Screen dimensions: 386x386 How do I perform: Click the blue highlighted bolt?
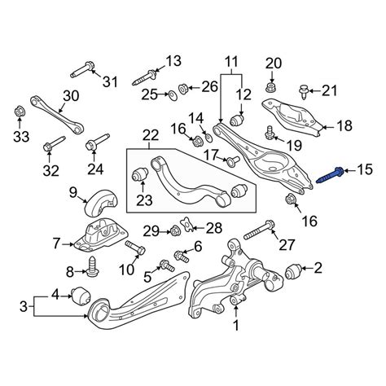[331, 176]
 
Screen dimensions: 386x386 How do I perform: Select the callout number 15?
[365, 170]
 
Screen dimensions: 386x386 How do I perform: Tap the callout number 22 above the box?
[151, 135]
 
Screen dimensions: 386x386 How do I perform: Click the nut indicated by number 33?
[20, 112]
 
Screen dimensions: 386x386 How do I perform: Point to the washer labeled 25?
[172, 95]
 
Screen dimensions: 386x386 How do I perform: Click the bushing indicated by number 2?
[292, 271]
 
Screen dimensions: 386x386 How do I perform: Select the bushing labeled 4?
[81, 296]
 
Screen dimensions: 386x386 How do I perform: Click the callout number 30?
[71, 96]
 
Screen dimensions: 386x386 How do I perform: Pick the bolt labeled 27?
[260, 230]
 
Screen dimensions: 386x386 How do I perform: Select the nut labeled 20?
[270, 87]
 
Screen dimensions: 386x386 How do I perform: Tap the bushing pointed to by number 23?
[140, 175]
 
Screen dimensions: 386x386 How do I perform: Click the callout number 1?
[236, 325]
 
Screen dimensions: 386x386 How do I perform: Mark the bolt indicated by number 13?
[144, 77]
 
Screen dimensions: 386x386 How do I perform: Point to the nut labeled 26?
[183, 88]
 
